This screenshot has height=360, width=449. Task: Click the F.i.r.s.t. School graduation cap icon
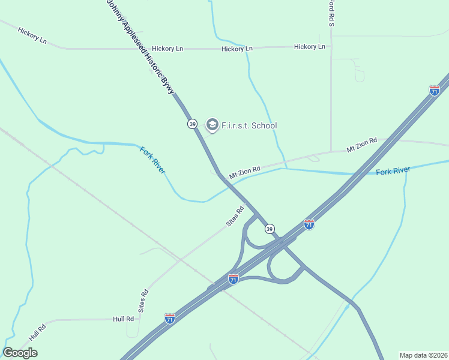pyautogui.click(x=212, y=125)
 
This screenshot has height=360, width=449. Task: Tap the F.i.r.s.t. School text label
pyautogui.click(x=250, y=125)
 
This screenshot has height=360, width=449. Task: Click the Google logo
pyautogui.click(x=20, y=352)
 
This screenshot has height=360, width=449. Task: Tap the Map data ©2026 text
pyautogui.click(x=423, y=355)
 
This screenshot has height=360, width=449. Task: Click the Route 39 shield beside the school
pyautogui.click(x=192, y=124)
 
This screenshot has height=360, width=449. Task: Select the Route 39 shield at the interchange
pyautogui.click(x=270, y=229)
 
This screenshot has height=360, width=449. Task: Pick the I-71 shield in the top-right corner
pyautogui.click(x=435, y=91)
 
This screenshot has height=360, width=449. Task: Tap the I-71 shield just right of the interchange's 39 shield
pyautogui.click(x=309, y=224)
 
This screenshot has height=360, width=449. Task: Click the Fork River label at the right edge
pyautogui.click(x=393, y=171)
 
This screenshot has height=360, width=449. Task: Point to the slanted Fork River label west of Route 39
pyautogui.click(x=152, y=160)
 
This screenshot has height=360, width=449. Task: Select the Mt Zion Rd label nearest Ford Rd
pyautogui.click(x=361, y=145)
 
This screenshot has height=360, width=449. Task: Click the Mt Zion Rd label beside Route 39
pyautogui.click(x=244, y=172)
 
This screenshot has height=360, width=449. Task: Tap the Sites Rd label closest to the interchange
pyautogui.click(x=235, y=217)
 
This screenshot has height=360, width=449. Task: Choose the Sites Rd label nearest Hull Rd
pyautogui.click(x=143, y=301)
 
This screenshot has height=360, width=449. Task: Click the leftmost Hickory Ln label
pyautogui.click(x=32, y=35)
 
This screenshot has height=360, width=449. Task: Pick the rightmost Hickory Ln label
pyautogui.click(x=310, y=46)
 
